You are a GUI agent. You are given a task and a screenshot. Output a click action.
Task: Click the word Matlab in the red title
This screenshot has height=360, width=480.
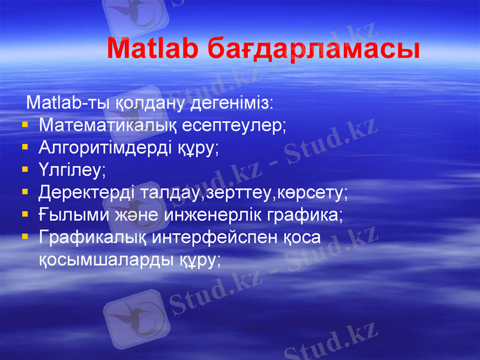[153, 49]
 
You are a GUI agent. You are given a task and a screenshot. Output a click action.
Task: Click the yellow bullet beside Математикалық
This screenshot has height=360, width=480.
[25, 125]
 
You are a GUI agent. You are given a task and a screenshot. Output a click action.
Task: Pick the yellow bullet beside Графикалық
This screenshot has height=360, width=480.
[25, 238]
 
